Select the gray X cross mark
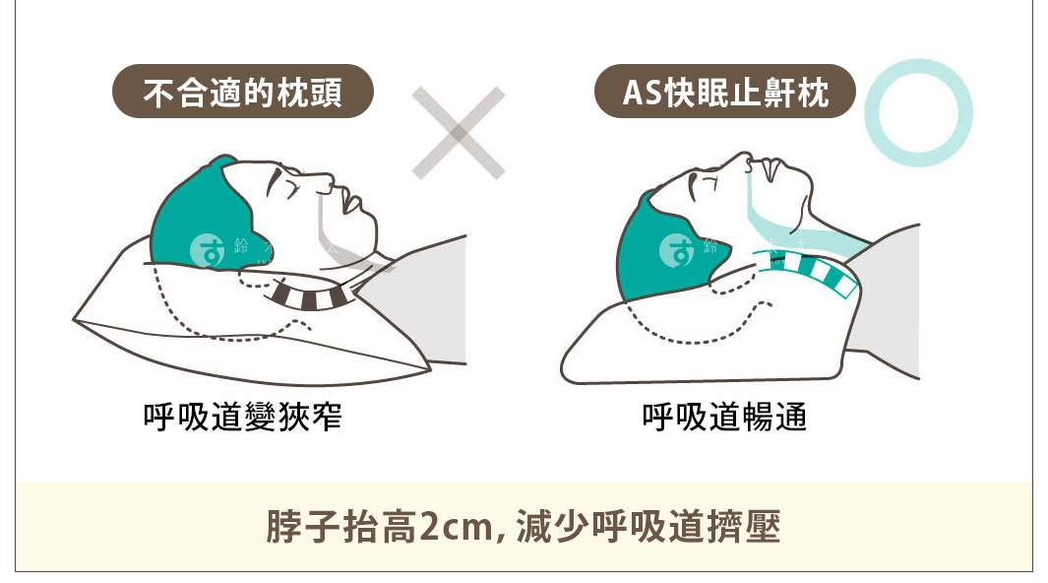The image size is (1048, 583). pos(458,133)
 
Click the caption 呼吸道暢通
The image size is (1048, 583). pos(724,417)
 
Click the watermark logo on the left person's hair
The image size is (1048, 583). pos(208,251)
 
